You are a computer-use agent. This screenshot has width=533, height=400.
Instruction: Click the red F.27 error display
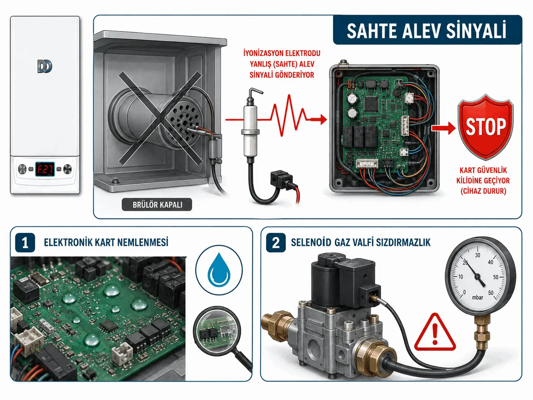coord(45,169)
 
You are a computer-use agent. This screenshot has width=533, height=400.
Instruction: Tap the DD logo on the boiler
coord(45,66)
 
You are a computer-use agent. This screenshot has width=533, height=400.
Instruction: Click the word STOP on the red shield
coord(486,127)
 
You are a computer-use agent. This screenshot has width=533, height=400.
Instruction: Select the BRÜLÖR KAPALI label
coord(157,205)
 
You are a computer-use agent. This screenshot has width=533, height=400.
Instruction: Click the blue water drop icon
coord(219,270)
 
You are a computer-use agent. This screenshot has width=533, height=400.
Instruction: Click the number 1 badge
coord(25,243)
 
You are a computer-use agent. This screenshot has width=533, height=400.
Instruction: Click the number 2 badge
coord(276,243)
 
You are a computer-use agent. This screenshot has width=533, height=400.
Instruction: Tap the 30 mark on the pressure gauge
coord(478,255)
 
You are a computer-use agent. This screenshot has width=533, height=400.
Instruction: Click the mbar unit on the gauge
coord(478,298)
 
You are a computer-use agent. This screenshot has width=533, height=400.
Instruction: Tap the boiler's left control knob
coord(22,169)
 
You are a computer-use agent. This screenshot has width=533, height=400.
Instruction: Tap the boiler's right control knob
coord(67,169)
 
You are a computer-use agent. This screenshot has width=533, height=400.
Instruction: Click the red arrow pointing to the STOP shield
coord(444,128)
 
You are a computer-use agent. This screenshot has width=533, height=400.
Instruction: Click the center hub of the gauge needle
coord(477,277)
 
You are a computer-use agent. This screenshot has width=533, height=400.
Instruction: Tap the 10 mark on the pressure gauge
coord(460,277)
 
